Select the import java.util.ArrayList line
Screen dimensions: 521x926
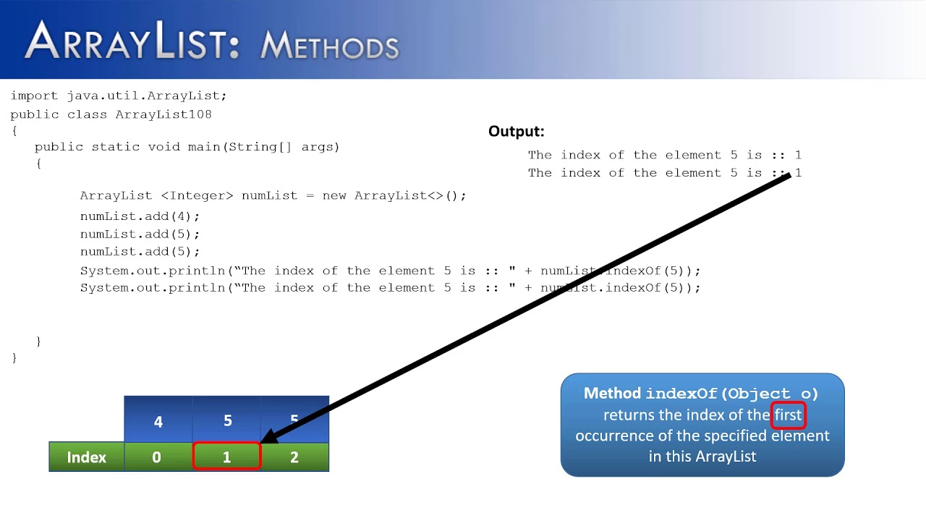point(119,96)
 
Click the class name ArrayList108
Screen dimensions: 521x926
point(163,114)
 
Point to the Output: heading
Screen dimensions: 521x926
point(516,131)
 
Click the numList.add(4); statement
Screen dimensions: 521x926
point(140,216)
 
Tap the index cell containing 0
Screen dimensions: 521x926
point(157,457)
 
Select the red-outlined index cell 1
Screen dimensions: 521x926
point(226,457)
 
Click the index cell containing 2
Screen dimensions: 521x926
point(294,457)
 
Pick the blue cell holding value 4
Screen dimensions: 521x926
point(158,421)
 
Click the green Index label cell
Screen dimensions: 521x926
point(86,457)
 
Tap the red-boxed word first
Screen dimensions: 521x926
point(788,415)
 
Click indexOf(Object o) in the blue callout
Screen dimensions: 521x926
point(731,394)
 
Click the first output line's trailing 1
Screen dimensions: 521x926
point(798,155)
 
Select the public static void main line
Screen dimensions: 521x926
point(187,147)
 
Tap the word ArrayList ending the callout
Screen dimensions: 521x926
point(726,457)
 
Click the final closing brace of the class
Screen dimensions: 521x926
point(14,357)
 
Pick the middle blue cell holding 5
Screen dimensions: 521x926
point(227,421)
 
